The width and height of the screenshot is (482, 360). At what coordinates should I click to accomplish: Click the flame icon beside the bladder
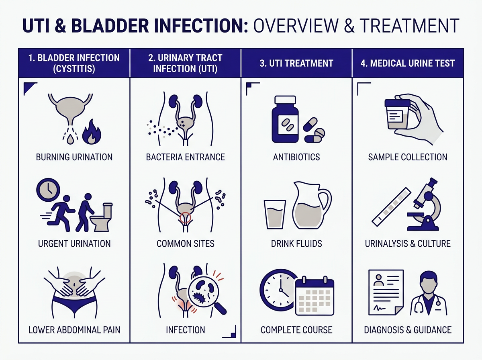(92, 132)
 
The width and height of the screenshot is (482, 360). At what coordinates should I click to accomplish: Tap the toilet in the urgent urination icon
(102, 217)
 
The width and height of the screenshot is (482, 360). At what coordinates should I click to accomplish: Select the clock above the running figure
(48, 190)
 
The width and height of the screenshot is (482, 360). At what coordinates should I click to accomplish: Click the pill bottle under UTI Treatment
(285, 119)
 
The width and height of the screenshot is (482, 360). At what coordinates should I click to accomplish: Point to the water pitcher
(312, 205)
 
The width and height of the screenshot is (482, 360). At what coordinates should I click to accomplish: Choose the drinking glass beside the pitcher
(275, 215)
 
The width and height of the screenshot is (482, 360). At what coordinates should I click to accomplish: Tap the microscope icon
(423, 204)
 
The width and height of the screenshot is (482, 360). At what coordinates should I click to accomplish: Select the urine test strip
(391, 207)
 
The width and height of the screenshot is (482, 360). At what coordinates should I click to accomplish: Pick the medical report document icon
(386, 292)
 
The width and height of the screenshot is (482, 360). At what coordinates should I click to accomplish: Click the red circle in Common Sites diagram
(185, 217)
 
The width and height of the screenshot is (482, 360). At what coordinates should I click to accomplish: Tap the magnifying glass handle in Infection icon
(220, 309)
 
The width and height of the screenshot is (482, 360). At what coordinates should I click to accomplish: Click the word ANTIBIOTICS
(296, 157)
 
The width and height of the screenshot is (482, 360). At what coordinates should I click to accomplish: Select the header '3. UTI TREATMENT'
(296, 63)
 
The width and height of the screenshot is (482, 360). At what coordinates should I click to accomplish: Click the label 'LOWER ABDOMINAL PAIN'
(74, 330)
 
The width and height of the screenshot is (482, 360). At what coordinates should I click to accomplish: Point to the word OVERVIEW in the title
(296, 26)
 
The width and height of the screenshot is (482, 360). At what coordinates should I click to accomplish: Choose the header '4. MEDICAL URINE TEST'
(408, 63)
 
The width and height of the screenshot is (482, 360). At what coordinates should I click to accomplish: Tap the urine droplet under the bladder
(70, 139)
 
